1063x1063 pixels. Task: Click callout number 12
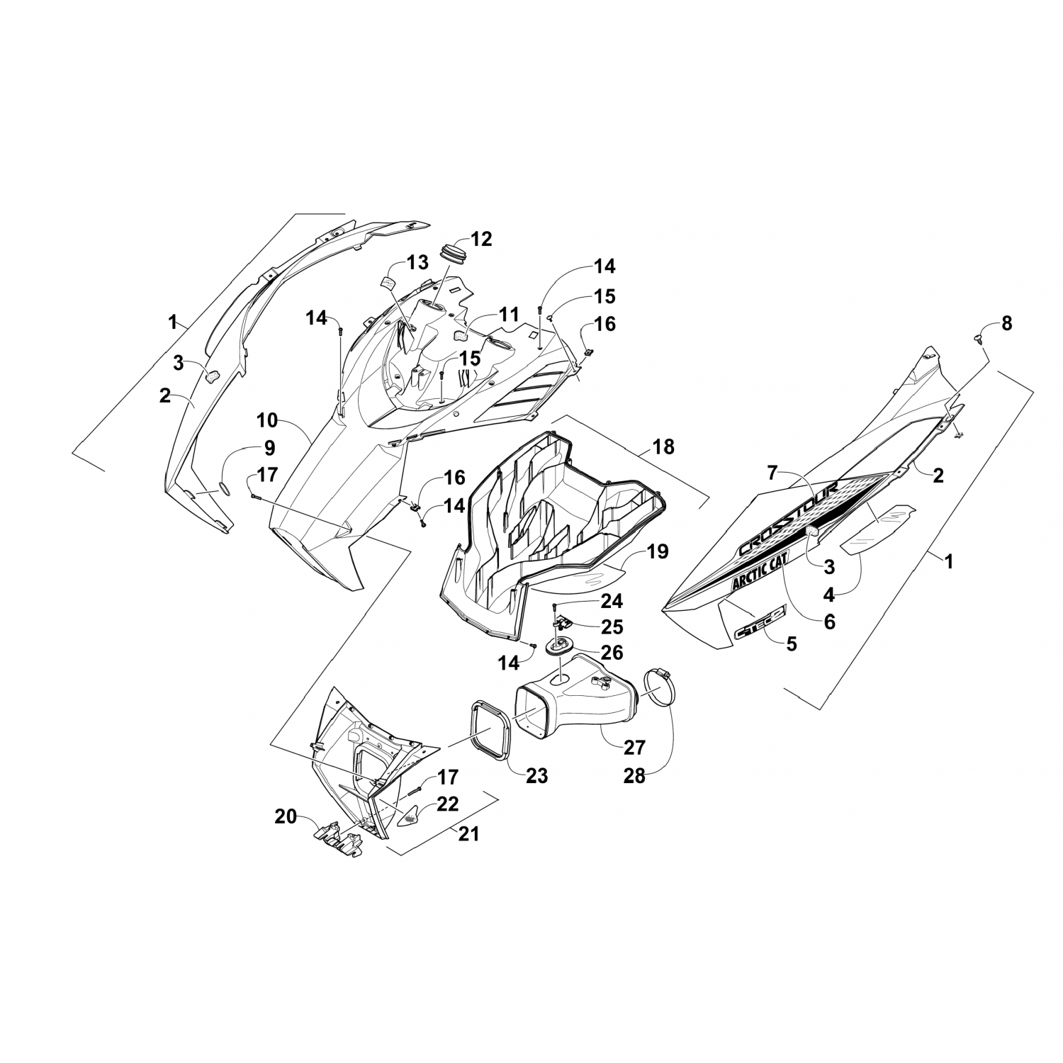pyautogui.click(x=480, y=239)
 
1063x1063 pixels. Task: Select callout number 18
pyautogui.click(x=664, y=447)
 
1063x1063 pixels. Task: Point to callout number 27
pyautogui.click(x=634, y=747)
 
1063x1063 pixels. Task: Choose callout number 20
pyautogui.click(x=286, y=817)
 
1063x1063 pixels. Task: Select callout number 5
pyautogui.click(x=791, y=643)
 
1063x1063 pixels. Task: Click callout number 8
pyautogui.click(x=1006, y=324)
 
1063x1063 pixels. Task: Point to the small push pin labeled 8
pyautogui.click(x=979, y=339)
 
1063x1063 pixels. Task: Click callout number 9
pyautogui.click(x=269, y=448)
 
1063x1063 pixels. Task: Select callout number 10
pyautogui.click(x=267, y=420)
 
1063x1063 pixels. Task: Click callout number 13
pyautogui.click(x=417, y=263)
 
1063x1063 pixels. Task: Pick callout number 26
pyautogui.click(x=612, y=651)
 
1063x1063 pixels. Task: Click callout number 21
pyautogui.click(x=468, y=834)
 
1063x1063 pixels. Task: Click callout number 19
pyautogui.click(x=657, y=551)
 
